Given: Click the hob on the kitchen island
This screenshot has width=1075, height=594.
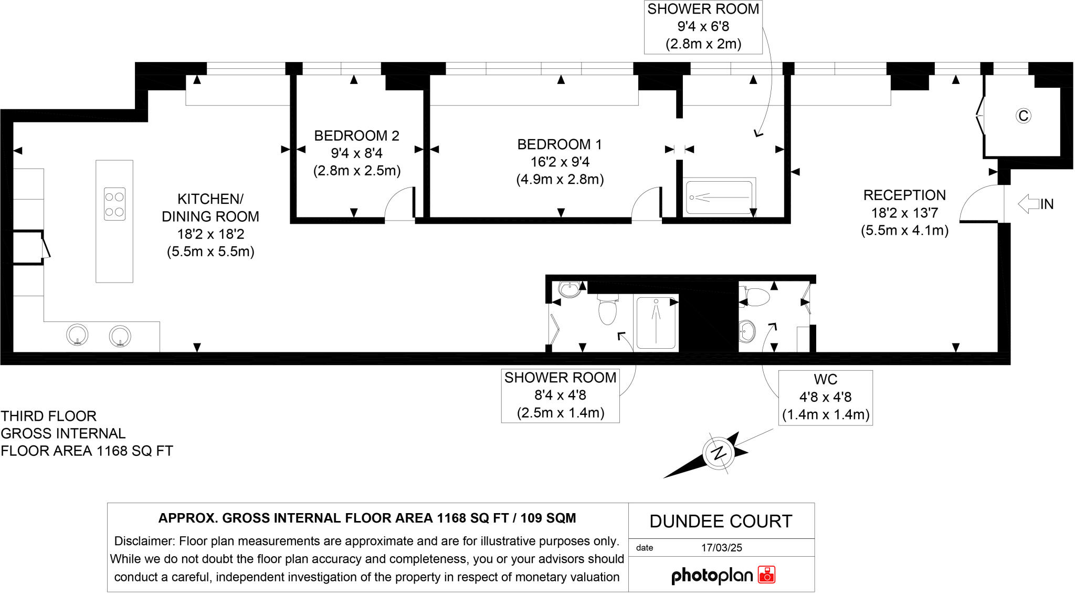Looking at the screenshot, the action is pyautogui.click(x=114, y=204).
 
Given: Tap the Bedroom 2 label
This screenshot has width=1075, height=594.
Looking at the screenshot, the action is pyautogui.click(x=356, y=136).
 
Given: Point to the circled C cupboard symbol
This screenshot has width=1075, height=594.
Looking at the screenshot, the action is pyautogui.click(x=1023, y=116).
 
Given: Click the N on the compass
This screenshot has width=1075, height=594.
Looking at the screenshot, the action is pyautogui.click(x=718, y=453).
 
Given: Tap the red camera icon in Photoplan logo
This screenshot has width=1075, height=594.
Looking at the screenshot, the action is pyautogui.click(x=767, y=575).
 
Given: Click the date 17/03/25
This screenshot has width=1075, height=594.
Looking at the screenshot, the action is pyautogui.click(x=721, y=548).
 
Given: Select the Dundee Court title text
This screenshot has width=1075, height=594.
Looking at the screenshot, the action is pyautogui.click(x=721, y=522).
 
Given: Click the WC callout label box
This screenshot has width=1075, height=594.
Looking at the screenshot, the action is pyautogui.click(x=825, y=398).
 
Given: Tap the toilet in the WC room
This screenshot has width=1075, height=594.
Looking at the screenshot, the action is pyautogui.click(x=756, y=297).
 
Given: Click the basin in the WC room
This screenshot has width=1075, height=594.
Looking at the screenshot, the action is pyautogui.click(x=747, y=331).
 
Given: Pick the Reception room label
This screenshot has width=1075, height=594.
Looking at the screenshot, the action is pyautogui.click(x=904, y=195).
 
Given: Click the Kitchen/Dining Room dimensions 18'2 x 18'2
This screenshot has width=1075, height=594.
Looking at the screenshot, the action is pyautogui.click(x=210, y=234).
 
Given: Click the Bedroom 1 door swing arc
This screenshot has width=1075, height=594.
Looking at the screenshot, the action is pyautogui.click(x=646, y=204).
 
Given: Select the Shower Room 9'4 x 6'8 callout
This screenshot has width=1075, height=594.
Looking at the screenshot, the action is pyautogui.click(x=703, y=27).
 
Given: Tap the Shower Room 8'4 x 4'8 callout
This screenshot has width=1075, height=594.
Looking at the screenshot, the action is pyautogui.click(x=560, y=395).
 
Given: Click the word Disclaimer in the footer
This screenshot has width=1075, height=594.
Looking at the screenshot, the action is pyautogui.click(x=144, y=541).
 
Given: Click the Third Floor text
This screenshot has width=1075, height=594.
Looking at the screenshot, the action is pyautogui.click(x=49, y=416).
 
